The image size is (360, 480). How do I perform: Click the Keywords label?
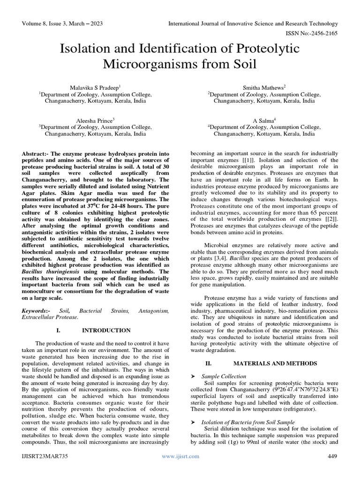(x=37, y=311)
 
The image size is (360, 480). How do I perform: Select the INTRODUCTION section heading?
(x=106, y=330)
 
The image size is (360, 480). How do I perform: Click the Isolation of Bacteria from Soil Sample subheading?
(x=248, y=422)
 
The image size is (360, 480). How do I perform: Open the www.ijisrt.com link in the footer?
(x=180, y=456)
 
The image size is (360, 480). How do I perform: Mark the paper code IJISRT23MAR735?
(x=44, y=456)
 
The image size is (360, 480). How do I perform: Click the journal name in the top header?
(x=253, y=23)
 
